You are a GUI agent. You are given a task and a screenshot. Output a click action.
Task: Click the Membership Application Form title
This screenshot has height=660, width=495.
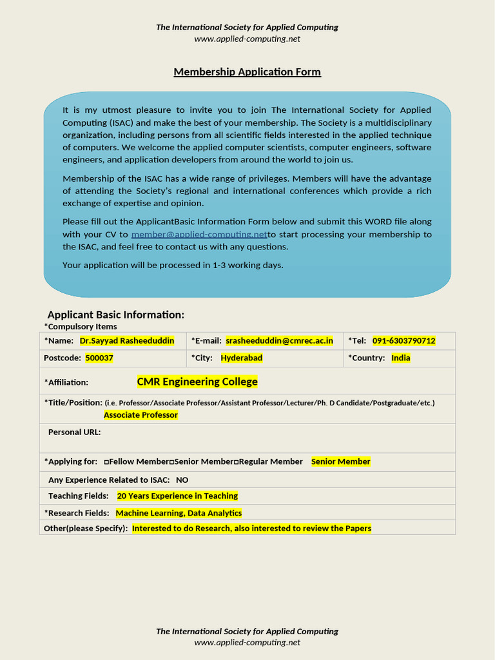(x=247, y=72)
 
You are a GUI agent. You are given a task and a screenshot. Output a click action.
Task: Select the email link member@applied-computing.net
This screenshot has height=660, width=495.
(x=199, y=234)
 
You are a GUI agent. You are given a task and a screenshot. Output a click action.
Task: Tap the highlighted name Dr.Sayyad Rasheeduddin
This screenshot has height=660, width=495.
(x=126, y=340)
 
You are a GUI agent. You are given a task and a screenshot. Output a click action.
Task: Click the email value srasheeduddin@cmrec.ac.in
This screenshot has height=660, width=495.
(x=279, y=340)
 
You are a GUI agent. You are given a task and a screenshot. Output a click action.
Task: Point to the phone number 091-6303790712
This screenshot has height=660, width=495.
(x=403, y=340)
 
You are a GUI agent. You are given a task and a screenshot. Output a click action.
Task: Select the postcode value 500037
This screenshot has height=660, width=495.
(x=99, y=358)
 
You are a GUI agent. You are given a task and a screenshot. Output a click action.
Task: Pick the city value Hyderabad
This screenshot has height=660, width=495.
(x=241, y=358)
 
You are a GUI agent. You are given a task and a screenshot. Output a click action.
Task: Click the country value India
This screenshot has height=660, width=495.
(x=400, y=358)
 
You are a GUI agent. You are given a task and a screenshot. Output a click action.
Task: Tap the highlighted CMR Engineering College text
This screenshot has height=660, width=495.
(x=197, y=382)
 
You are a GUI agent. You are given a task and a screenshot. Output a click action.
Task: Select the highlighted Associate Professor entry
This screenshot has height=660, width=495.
(x=141, y=415)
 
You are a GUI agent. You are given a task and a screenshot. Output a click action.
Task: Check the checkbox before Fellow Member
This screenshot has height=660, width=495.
(x=106, y=462)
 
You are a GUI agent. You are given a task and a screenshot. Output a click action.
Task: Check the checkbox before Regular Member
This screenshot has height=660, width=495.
(x=236, y=462)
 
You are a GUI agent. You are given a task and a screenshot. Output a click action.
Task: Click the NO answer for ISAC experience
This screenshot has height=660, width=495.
(x=182, y=480)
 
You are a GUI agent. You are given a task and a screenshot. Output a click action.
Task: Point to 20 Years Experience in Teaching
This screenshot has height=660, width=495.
(x=177, y=496)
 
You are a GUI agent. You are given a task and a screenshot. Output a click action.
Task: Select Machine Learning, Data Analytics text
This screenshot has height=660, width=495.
(x=179, y=513)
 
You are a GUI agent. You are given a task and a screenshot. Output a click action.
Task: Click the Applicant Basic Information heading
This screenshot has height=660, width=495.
(x=116, y=315)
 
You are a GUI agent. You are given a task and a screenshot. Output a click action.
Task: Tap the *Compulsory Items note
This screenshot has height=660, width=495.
(x=81, y=326)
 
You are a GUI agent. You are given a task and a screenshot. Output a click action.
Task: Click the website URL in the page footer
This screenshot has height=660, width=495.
(x=247, y=642)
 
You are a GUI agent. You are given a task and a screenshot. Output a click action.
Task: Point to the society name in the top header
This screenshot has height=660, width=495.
(x=247, y=27)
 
